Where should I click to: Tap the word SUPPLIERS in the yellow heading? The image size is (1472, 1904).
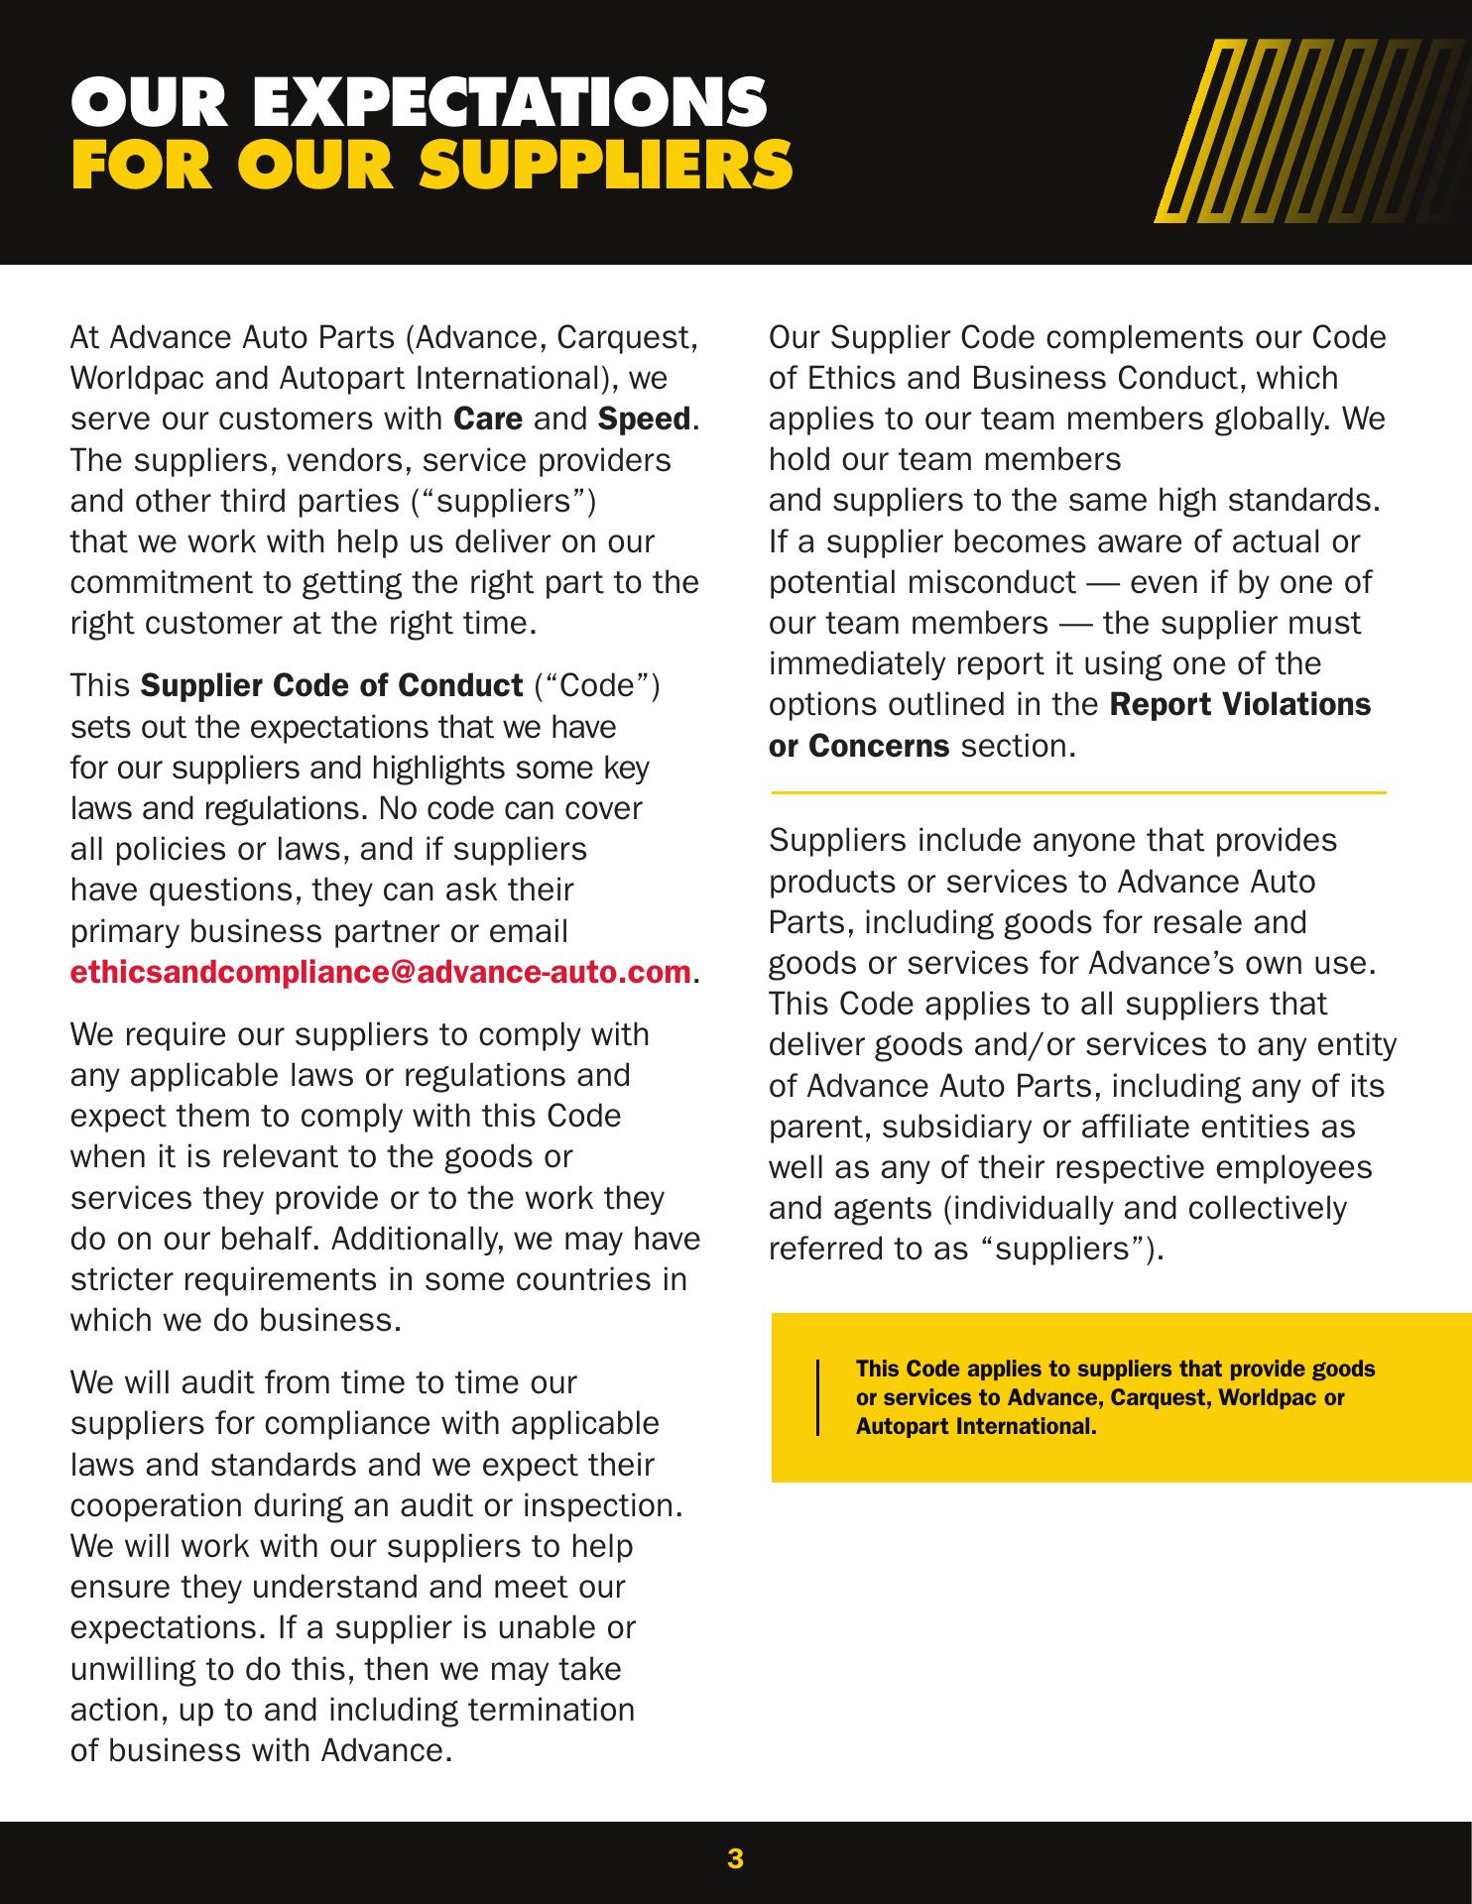click(x=606, y=165)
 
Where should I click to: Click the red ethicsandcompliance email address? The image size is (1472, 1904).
click(x=380, y=972)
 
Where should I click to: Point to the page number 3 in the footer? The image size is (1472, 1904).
click(x=735, y=1857)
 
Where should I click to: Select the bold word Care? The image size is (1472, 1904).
click(x=488, y=419)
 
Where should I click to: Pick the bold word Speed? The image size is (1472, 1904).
click(x=644, y=419)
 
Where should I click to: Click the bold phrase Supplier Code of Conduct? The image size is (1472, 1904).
click(x=331, y=685)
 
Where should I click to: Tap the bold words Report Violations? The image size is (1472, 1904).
click(x=1240, y=704)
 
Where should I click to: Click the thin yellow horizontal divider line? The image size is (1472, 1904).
click(x=1077, y=793)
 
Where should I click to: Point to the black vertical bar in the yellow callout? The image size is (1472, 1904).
click(x=818, y=1397)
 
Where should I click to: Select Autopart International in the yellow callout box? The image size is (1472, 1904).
click(x=975, y=1427)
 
